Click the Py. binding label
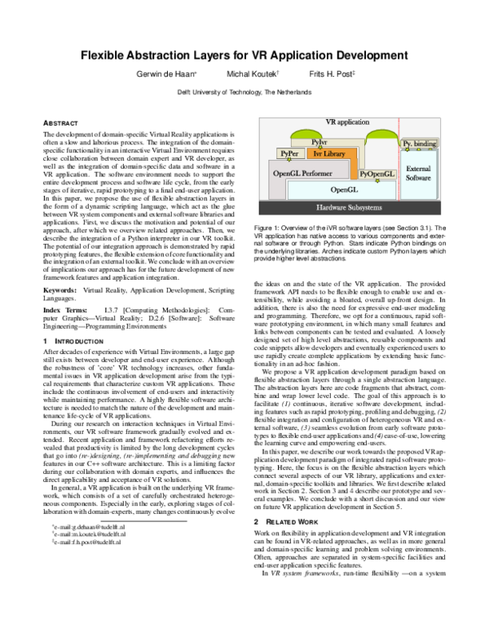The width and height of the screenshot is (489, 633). [x=420, y=144]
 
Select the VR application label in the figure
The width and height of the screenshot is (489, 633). [x=346, y=122]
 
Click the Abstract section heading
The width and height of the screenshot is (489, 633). [x=59, y=122]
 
